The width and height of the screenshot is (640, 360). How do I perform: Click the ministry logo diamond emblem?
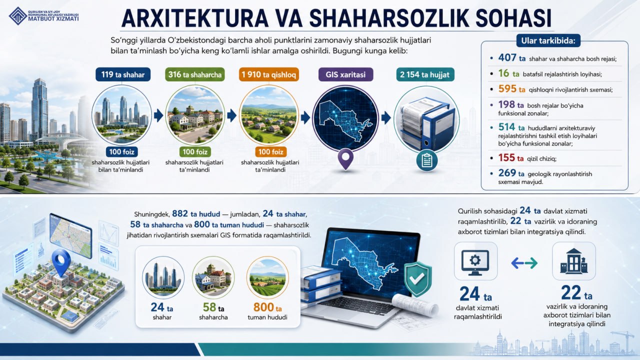pos(18,16)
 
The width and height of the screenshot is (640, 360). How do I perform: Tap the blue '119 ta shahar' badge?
pos(123,74)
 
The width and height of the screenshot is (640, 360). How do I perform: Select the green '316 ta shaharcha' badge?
pos(195,74)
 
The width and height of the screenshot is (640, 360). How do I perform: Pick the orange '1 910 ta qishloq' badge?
pos(269,74)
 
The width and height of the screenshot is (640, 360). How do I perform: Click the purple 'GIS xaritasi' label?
pos(345,74)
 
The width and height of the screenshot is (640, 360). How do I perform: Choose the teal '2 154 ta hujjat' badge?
pos(425,74)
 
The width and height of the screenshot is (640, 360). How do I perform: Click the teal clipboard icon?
pos(427,160)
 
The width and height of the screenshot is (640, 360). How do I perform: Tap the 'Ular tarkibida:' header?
pos(548,41)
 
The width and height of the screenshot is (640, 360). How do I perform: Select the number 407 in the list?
pos(507,57)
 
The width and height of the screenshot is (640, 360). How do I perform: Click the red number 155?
pos(507,157)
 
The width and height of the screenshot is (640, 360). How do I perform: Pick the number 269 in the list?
pos(507,173)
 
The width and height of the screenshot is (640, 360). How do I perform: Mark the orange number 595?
pos(507,89)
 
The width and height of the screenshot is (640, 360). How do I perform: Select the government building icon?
pos(573,261)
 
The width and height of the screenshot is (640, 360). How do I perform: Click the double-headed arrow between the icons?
pos(524,263)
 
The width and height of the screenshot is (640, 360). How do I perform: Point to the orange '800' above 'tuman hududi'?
pos(263,307)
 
